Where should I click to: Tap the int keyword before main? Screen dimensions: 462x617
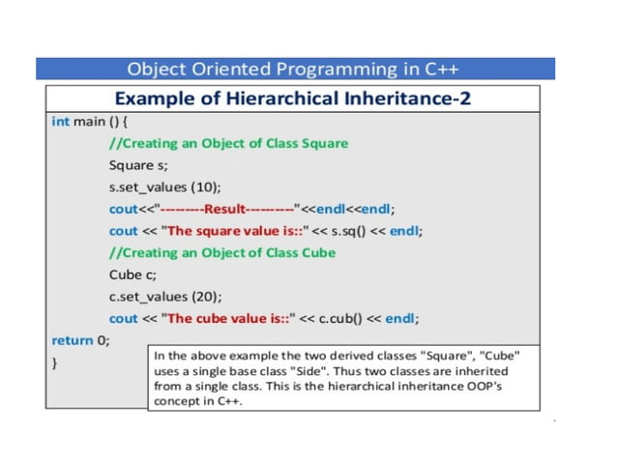pyautogui.click(x=60, y=122)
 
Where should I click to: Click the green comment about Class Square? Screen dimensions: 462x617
pyautogui.click(x=228, y=143)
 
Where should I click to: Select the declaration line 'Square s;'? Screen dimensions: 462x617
pyautogui.click(x=138, y=164)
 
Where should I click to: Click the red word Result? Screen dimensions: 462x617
pyautogui.click(x=229, y=209)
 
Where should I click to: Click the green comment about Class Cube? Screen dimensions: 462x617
pyautogui.click(x=222, y=252)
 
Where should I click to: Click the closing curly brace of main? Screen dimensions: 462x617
pyautogui.click(x=54, y=363)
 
